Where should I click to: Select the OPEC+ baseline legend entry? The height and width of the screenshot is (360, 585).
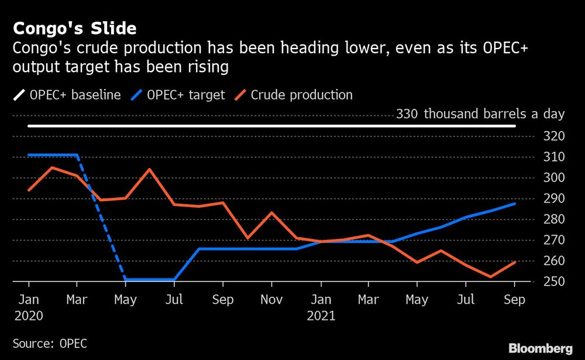[67, 95]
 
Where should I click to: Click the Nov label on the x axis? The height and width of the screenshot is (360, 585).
[271, 300]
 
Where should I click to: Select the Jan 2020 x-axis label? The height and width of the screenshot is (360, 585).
[29, 307]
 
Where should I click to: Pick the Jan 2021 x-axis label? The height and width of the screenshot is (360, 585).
[321, 307]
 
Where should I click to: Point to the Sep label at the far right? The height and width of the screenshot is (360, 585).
[515, 300]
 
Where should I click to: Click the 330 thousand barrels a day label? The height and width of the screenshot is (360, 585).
[480, 114]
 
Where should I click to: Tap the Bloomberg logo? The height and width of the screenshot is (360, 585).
[541, 348]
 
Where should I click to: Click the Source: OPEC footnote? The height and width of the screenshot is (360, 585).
[49, 344]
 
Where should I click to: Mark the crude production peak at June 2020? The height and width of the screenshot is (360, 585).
[150, 169]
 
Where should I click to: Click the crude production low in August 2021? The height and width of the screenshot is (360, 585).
[490, 277]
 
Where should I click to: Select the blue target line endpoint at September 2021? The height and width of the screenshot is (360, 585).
[515, 204]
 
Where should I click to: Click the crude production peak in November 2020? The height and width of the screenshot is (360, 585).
[271, 212]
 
